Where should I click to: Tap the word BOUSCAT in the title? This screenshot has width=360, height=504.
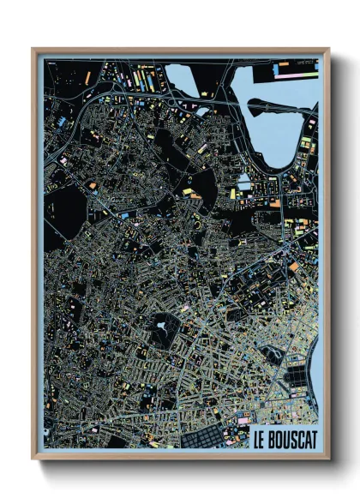tap(291, 443)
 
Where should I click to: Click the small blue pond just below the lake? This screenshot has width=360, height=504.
tap(244, 182)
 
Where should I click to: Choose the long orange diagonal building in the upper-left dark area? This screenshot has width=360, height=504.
tap(87, 78)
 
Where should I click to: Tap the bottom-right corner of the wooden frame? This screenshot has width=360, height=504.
tap(328, 458)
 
